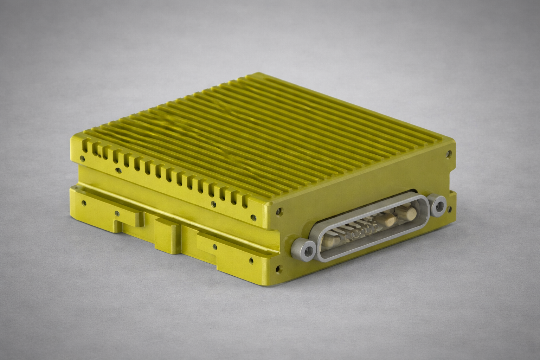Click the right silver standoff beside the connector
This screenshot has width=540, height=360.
(438, 206)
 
